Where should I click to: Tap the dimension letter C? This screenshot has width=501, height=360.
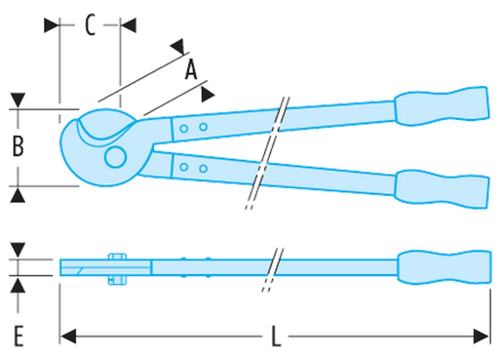90,26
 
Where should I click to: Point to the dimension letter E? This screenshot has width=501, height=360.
18,336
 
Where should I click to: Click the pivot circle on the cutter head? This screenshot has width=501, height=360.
115,157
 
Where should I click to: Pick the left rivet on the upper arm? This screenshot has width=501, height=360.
184,129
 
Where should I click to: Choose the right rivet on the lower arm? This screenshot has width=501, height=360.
203,169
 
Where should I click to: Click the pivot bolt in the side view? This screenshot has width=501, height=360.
116,269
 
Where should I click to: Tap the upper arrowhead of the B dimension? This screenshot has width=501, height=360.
19,100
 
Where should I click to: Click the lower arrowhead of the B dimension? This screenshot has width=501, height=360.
19,195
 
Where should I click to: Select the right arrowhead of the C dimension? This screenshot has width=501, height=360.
128,26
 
